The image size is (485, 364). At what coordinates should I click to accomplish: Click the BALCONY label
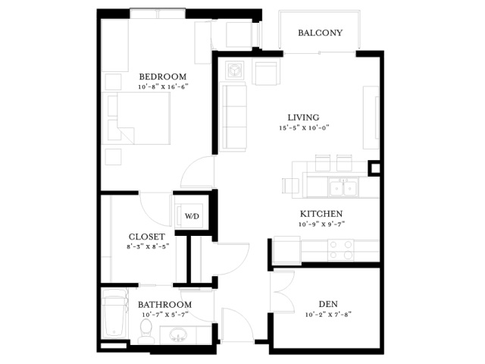pos(320,33)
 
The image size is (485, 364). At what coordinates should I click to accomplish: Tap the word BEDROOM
pos(163,77)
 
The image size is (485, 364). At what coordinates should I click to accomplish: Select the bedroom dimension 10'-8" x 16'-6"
pos(163,86)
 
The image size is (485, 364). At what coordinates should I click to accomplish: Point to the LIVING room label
pos(303,118)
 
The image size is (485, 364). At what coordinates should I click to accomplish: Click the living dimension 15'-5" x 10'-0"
pos(304,127)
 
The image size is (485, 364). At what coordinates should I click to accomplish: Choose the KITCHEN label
pos(321,214)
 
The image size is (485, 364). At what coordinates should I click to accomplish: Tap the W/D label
pos(192,216)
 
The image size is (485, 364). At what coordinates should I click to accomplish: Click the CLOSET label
pos(146,237)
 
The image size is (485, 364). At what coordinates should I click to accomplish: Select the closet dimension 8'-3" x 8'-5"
pos(148,246)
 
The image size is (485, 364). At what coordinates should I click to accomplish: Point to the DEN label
pos(328,304)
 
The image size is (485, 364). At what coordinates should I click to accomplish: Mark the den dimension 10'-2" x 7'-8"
pos(328,315)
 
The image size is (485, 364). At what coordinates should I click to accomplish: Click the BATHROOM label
pos(164,305)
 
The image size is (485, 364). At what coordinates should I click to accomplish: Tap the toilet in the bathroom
pos(145,331)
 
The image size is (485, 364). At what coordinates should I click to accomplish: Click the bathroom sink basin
pos(178,334)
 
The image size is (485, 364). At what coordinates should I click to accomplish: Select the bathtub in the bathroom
pos(114,313)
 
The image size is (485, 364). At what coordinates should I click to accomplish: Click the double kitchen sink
pos(343,187)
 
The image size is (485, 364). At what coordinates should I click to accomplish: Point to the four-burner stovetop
pos(340,249)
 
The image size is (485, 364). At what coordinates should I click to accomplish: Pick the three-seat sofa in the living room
pos(233,117)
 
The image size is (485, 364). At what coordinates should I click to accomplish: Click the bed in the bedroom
pos(136,118)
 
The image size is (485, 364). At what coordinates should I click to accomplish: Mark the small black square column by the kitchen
pos(374,168)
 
